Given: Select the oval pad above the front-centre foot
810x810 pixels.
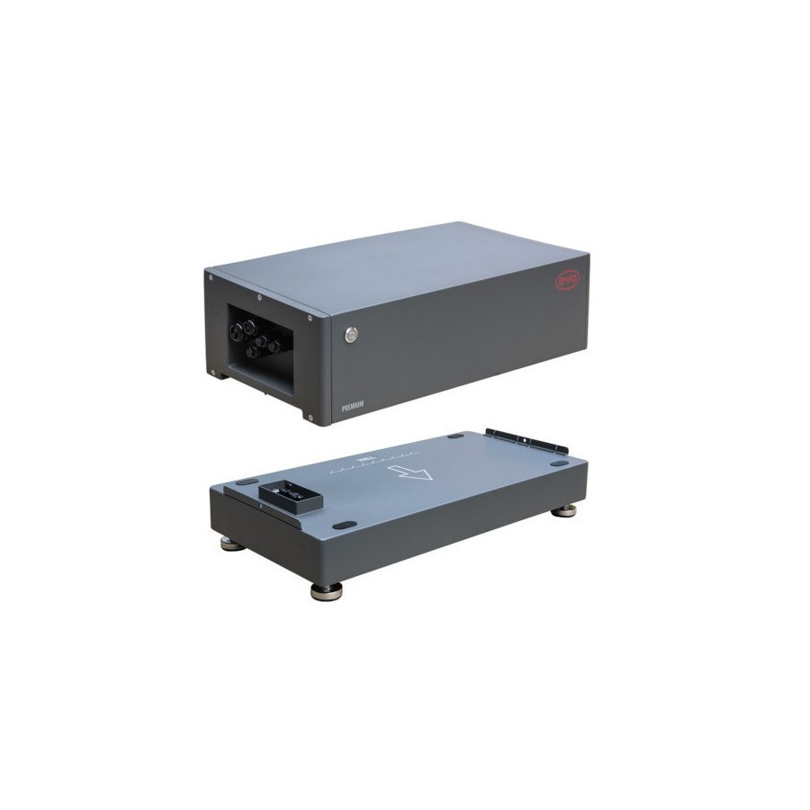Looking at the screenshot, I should (x=341, y=526).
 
